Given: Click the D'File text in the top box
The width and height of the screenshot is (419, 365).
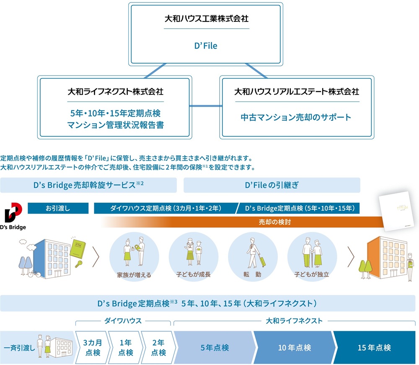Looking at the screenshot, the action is [x=206, y=46].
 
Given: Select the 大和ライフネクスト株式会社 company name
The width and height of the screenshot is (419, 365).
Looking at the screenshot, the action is [x=116, y=91].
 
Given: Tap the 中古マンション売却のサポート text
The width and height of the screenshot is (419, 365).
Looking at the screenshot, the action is [x=296, y=117].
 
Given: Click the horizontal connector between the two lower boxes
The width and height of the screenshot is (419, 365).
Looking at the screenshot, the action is [x=206, y=106].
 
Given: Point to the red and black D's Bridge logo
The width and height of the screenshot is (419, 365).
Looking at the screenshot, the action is [x=13, y=212].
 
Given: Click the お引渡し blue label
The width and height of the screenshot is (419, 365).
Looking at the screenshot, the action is [x=58, y=208].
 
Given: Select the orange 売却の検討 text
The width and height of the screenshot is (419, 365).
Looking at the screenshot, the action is [x=275, y=222].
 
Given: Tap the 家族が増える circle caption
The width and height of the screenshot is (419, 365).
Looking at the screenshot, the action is [x=134, y=275].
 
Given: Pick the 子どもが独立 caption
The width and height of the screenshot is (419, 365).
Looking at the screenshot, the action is [x=312, y=274].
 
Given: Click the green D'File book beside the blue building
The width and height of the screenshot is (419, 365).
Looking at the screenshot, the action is [x=78, y=249].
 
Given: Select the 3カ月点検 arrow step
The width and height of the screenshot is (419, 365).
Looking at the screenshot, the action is [x=93, y=347].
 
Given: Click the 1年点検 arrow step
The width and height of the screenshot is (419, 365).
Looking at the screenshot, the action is [x=126, y=347].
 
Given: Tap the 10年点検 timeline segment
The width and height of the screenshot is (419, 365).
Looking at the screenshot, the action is [x=295, y=347].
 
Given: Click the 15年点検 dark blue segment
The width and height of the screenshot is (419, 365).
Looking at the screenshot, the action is [x=374, y=347].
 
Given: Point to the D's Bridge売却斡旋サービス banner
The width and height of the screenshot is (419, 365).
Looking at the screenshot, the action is [x=88, y=185].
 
